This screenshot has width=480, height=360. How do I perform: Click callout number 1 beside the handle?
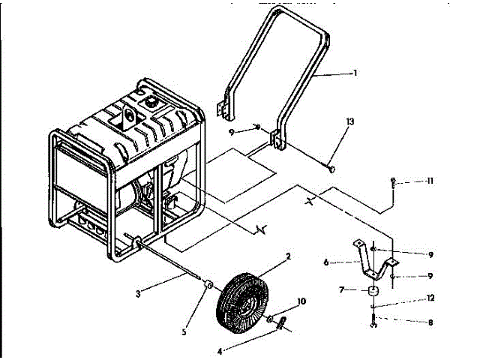coord(355,73)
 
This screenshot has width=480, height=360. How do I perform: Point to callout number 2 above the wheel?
coord(288,256)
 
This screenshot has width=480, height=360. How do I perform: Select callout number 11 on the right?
coord(430,181)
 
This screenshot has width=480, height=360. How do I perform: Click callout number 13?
coord(350,121)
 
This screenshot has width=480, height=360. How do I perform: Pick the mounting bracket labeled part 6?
coord(373,259)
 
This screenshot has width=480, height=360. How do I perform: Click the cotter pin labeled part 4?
coord(283,324)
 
